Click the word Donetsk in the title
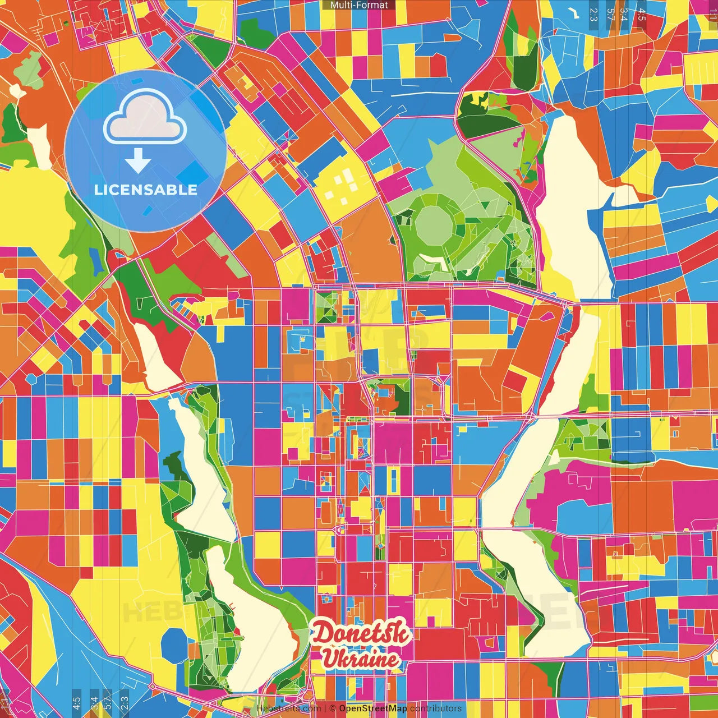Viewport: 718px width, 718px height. tap(361, 634)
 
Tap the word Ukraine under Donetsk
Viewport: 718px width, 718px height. tap(360, 659)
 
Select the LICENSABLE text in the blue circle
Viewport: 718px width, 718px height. tap(146, 190)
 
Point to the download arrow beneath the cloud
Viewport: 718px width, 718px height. tap(137, 162)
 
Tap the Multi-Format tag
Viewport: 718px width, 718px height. tap(359, 5)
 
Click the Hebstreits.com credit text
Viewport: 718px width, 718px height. tap(288, 708)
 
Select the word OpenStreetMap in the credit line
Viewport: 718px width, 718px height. tap(373, 708)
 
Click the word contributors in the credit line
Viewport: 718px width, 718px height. tap(436, 708)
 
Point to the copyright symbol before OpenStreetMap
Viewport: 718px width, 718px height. tap(333, 708)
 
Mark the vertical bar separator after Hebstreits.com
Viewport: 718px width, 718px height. tap(325, 708)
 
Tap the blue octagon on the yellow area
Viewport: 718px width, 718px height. tap(174, 645)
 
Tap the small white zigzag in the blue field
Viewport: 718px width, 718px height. tap(573, 12)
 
